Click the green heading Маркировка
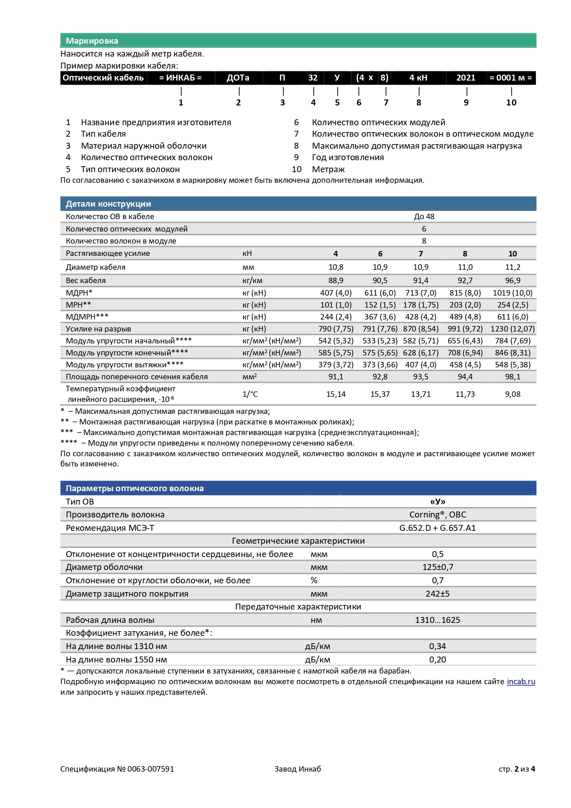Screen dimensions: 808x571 [x=92, y=41]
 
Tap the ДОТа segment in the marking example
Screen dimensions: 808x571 [x=238, y=78]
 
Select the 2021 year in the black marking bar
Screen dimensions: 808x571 [x=466, y=78]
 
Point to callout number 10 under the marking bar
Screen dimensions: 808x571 [x=511, y=103]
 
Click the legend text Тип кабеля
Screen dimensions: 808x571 [x=103, y=134]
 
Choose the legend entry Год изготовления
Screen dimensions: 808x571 [x=348, y=157]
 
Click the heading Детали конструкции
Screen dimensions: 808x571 [x=108, y=204]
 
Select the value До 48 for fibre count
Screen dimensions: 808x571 [x=424, y=216]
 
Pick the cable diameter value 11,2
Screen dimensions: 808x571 [x=513, y=267]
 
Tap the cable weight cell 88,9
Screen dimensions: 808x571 [x=336, y=280]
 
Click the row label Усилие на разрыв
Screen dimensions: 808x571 [x=98, y=329]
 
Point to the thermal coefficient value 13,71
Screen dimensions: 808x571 [x=421, y=394]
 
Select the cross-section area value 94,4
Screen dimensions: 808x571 [x=465, y=377]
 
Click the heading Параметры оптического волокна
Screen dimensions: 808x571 [x=134, y=488]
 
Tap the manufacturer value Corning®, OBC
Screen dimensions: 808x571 [x=438, y=515]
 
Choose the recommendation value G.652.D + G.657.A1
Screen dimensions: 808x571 [x=438, y=528]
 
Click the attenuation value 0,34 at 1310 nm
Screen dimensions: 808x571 [x=438, y=646]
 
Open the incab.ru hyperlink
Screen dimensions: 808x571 [x=521, y=682]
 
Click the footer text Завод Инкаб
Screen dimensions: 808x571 [x=298, y=769]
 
